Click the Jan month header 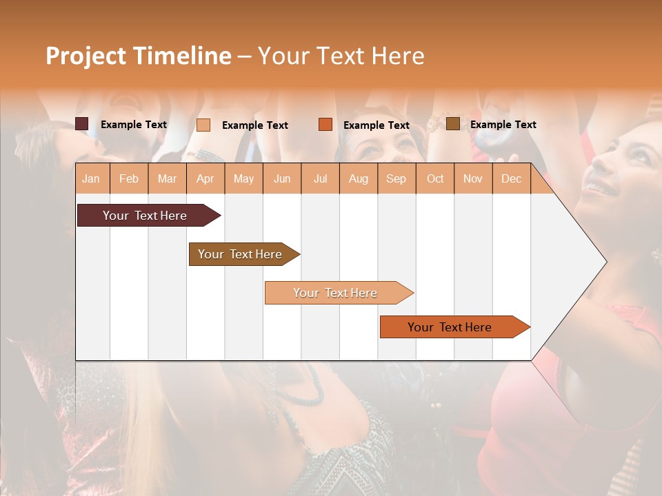pos(92,178)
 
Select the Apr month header pos(205,178)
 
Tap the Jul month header pos(320,178)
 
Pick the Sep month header pos(397,178)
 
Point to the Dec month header pos(511,178)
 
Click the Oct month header pos(435,178)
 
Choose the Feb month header pos(129,178)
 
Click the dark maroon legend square pos(82,124)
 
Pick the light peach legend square pos(203,125)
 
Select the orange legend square pos(325,125)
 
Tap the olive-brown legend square pos(452,124)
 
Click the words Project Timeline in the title pos(139,56)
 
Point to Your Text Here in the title pos(341,56)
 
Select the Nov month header pos(473,178)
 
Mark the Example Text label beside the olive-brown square pos(503,125)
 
